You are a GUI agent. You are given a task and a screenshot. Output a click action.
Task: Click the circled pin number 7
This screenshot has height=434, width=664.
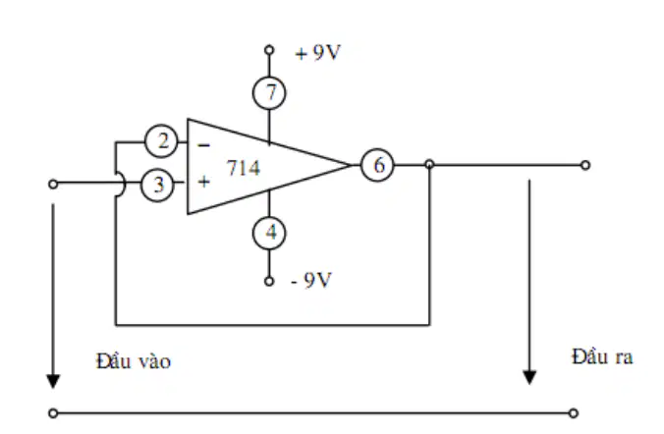(x=269, y=92)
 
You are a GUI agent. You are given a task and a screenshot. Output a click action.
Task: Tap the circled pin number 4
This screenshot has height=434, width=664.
(x=269, y=233)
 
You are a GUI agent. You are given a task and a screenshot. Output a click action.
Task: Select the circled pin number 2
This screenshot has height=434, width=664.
(x=161, y=141)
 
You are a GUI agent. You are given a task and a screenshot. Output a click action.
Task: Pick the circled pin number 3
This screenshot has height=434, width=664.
(x=157, y=185)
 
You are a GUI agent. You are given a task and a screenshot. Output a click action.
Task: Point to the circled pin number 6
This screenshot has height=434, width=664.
(x=377, y=165)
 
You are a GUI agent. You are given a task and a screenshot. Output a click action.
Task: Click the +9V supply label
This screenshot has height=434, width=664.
(x=317, y=52)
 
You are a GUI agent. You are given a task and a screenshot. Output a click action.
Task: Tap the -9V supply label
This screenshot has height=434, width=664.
(x=311, y=280)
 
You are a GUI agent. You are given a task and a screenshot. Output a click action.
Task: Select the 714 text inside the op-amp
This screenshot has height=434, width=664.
(x=244, y=168)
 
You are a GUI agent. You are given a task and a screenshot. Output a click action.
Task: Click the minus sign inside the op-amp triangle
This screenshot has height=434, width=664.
(x=203, y=145)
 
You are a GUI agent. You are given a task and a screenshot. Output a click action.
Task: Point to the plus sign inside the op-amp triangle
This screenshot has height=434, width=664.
(x=203, y=182)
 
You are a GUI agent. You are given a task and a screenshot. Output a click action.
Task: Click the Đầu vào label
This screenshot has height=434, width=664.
(x=134, y=361)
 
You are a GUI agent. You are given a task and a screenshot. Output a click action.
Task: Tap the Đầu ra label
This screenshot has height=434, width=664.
(x=602, y=356)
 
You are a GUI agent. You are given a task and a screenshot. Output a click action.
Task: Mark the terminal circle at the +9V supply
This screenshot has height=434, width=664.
(x=269, y=50)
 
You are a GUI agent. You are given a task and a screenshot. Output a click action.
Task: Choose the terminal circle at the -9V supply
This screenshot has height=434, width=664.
(x=269, y=281)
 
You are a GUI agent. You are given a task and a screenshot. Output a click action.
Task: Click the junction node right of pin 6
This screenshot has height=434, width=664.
(x=429, y=164)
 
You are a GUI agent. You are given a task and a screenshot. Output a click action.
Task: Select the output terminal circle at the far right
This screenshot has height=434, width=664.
(x=585, y=165)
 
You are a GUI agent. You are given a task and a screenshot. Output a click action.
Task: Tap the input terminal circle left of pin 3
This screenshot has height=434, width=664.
(x=53, y=185)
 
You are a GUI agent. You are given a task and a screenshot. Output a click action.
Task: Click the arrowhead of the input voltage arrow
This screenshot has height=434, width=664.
(x=53, y=381)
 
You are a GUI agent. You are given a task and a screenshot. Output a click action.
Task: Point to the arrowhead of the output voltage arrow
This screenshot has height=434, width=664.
(x=529, y=377)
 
